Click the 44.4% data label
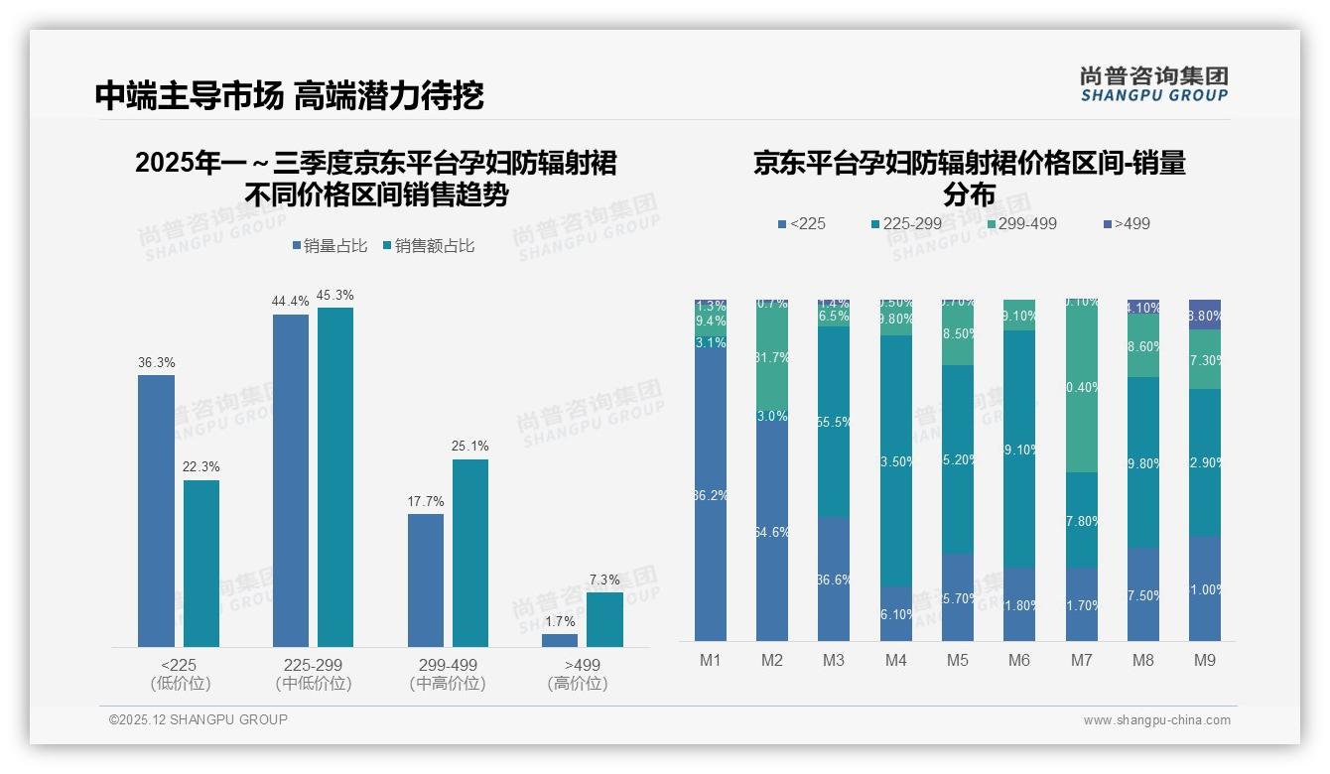290,301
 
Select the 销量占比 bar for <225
156,510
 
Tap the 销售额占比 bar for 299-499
469,552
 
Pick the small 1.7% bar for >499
560,640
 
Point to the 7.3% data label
604,580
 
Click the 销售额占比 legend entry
428,246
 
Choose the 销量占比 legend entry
330,246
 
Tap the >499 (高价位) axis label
577,674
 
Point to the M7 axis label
1082,660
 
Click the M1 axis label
711,660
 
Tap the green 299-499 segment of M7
1082,386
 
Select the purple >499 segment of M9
1205,315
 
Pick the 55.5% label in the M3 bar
834,422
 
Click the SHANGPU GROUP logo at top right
1153,84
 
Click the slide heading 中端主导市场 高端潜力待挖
289,95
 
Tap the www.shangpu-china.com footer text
1156,720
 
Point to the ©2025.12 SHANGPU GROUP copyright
199,719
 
